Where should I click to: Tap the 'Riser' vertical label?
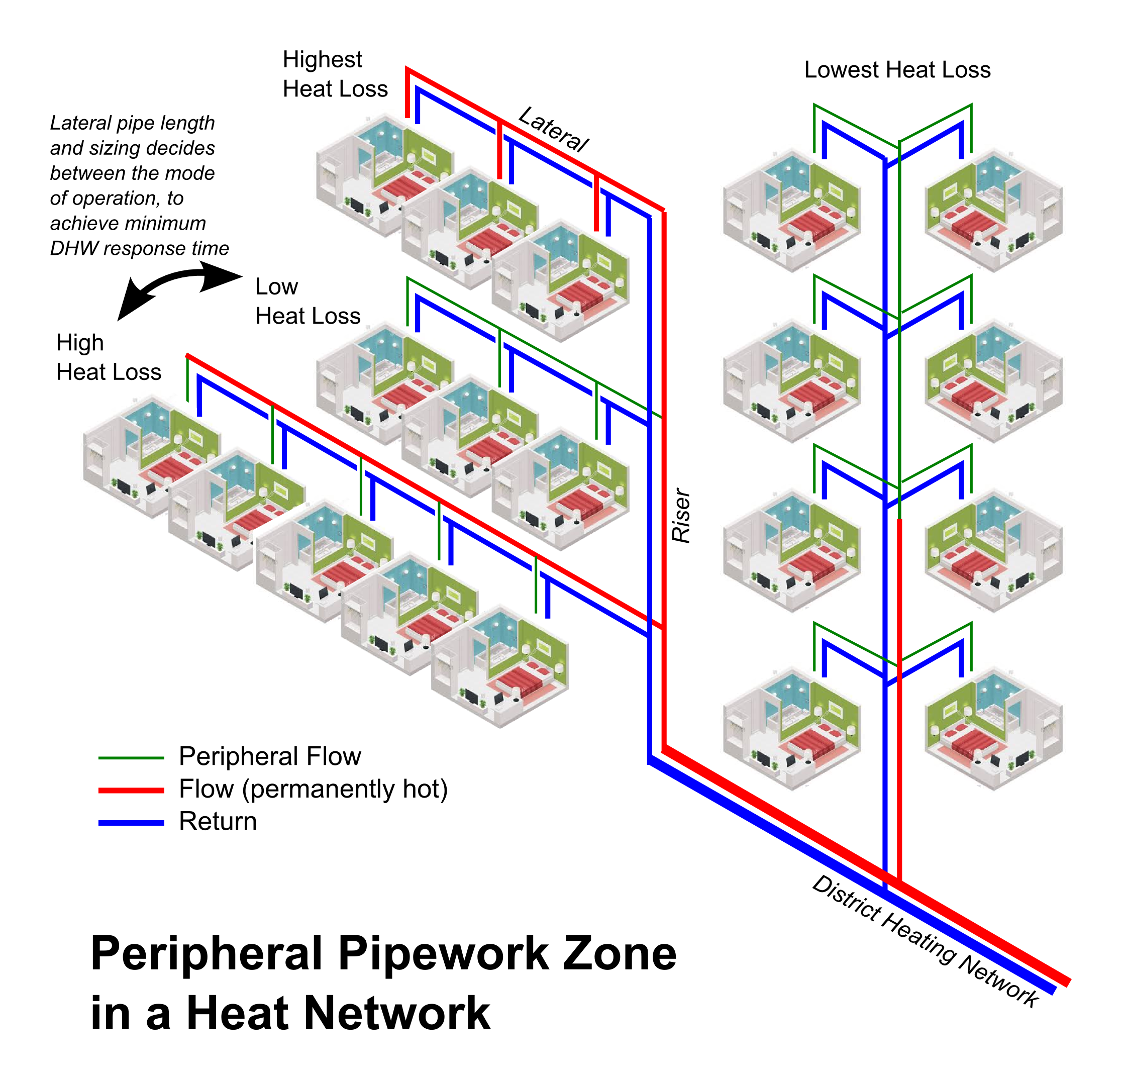point(681,516)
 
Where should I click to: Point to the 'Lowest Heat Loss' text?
point(897,70)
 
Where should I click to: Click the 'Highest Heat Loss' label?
point(335,74)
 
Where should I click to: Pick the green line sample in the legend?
point(131,757)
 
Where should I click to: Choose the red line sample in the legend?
point(131,790)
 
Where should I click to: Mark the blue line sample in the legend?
point(131,823)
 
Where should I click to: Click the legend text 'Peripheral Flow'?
point(270,756)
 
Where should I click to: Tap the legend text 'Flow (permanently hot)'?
point(313,789)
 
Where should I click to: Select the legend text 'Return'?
point(218,821)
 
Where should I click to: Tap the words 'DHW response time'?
point(139,249)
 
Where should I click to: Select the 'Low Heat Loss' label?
point(308,301)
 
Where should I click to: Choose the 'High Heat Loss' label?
point(109,357)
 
